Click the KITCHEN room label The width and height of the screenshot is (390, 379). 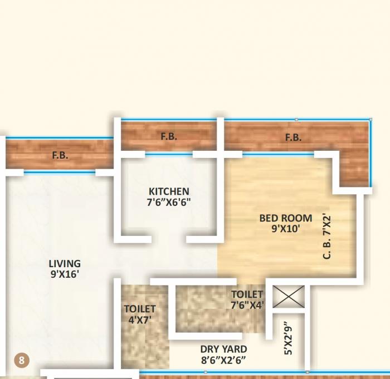click(168, 191)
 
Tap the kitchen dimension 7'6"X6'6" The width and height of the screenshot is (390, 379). click(168, 203)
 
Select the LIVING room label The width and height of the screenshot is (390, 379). click(65, 264)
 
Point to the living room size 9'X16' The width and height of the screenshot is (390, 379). click(65, 274)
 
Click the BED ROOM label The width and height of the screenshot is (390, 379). click(285, 218)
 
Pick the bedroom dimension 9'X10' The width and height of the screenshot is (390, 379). click(285, 228)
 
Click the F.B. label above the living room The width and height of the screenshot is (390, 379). click(60, 156)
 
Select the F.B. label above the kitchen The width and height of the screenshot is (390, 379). click(169, 136)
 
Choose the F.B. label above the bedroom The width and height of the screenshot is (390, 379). click(293, 137)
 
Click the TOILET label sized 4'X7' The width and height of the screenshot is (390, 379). click(139, 309)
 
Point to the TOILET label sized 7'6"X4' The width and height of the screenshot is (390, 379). click(247, 294)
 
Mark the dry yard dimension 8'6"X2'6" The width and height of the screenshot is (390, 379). click(223, 361)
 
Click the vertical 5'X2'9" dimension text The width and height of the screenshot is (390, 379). click(287, 338)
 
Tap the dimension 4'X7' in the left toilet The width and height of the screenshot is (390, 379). click(139, 319)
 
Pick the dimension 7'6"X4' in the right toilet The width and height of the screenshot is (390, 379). click(247, 305)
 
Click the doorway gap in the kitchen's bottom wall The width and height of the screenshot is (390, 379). click(168, 240)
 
